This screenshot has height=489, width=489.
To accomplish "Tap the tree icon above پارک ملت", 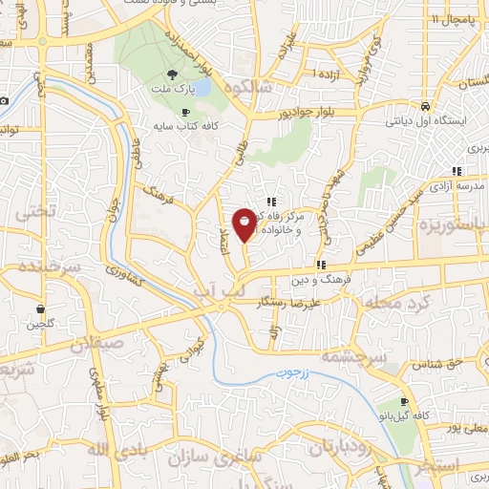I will point(171,74).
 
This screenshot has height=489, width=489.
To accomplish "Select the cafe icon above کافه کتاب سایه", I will point(185,112).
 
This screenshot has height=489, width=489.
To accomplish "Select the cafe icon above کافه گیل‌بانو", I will point(404,402).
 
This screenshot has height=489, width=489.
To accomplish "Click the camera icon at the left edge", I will point(5,101).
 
